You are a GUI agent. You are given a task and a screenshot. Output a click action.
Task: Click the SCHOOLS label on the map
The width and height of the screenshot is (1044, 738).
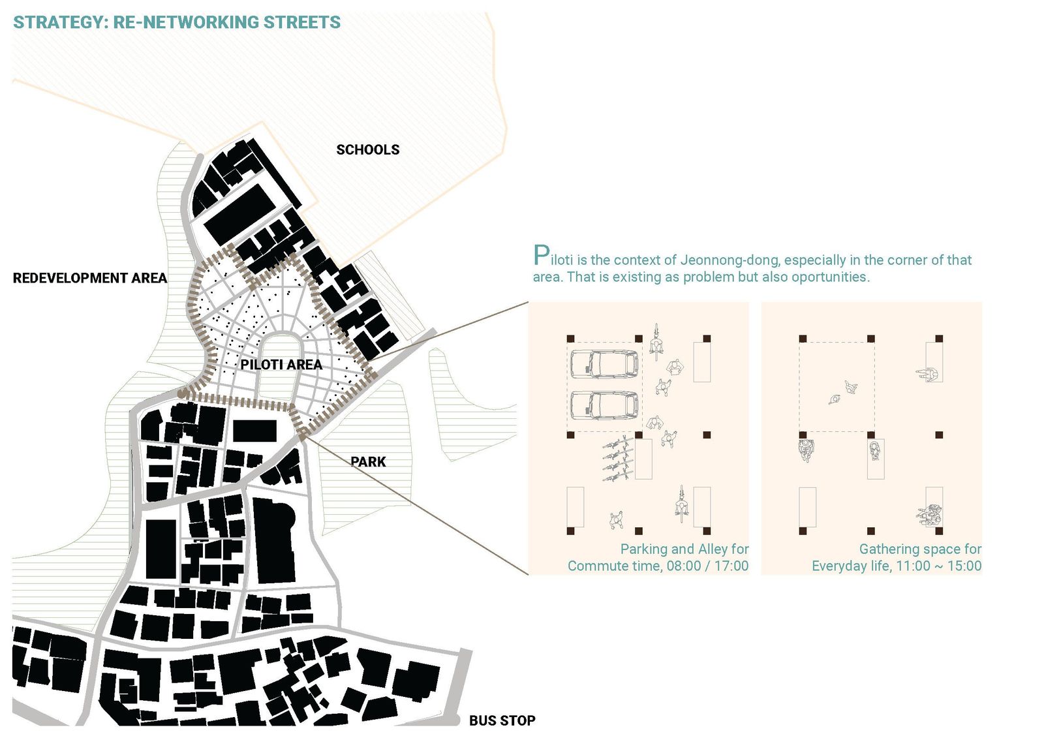[x=368, y=149]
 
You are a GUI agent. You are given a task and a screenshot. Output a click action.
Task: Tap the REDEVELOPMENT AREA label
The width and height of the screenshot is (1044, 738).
[x=90, y=278]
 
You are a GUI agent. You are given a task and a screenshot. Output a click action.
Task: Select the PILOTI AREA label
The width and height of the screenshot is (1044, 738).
[x=281, y=365]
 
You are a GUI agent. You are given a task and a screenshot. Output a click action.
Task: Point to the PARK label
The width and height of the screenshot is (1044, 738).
[x=368, y=461]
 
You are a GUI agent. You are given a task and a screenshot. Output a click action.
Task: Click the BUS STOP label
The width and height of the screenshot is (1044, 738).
[x=502, y=720]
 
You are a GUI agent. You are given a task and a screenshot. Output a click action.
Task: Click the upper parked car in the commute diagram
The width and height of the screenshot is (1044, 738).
[x=604, y=363]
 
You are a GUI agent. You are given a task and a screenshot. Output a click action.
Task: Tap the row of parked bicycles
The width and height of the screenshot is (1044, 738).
[x=618, y=459]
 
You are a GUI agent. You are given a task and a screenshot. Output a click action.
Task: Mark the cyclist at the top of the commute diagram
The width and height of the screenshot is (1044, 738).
[x=656, y=342]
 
